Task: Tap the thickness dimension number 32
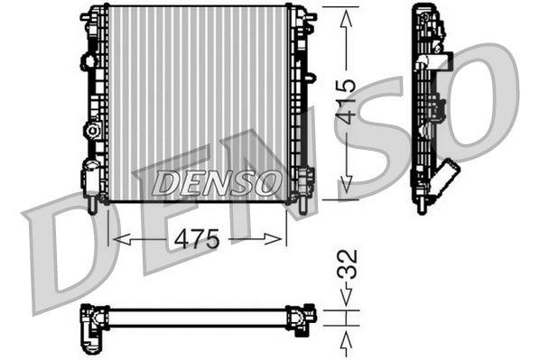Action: click(348, 263)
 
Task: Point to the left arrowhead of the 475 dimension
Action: click(116, 239)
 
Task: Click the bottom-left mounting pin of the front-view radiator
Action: click(92, 205)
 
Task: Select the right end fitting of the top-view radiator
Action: click(299, 318)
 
